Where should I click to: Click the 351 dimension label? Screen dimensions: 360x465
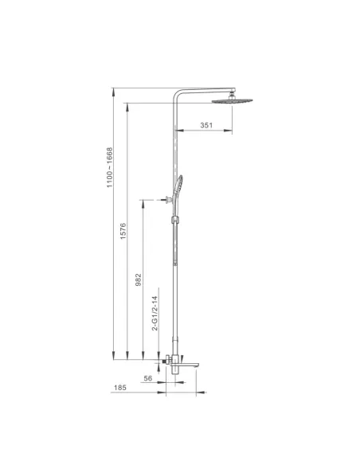point(206,125)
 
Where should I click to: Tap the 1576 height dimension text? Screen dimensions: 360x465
point(123,231)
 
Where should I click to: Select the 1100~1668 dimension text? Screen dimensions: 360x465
point(110,167)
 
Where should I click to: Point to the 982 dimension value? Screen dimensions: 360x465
point(139,279)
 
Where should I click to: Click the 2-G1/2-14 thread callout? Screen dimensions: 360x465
point(155,313)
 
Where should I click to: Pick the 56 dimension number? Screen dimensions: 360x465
point(147,378)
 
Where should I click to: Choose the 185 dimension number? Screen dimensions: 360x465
point(120,388)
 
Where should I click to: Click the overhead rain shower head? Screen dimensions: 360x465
point(233,101)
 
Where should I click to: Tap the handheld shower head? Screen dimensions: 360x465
point(178,186)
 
